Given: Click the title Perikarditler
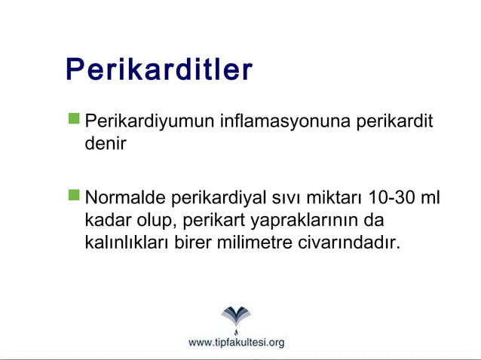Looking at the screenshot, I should pyautogui.click(x=159, y=70).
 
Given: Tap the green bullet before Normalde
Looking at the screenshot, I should pyautogui.click(x=74, y=196).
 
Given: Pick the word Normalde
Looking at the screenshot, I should pyautogui.click(x=126, y=199).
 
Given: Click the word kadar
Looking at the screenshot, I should pyautogui.click(x=107, y=221).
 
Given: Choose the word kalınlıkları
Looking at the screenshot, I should pyautogui.click(x=127, y=243).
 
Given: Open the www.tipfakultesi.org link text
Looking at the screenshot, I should pyautogui.click(x=236, y=343).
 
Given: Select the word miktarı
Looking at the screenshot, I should pyautogui.click(x=335, y=199).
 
